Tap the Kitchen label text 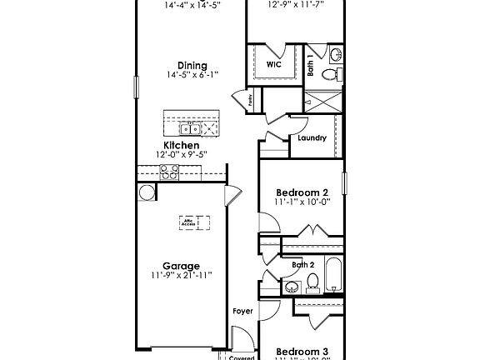pyautogui.click(x=181, y=144)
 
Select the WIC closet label pyautogui.click(x=273, y=63)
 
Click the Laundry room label pyautogui.click(x=311, y=138)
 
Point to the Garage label pyautogui.click(x=181, y=266)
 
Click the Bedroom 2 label pyautogui.click(x=302, y=191)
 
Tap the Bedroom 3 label pyautogui.click(x=302, y=351)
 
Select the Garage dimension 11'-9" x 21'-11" pyautogui.click(x=181, y=276)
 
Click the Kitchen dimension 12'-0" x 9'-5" pyautogui.click(x=181, y=154)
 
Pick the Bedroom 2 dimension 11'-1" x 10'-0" pyautogui.click(x=302, y=201)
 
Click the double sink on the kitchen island pyautogui.click(x=192, y=127)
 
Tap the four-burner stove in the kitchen pyautogui.click(x=169, y=172)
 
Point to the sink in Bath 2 pyautogui.click(x=291, y=287)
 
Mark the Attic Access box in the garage pyautogui.click(x=193, y=223)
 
